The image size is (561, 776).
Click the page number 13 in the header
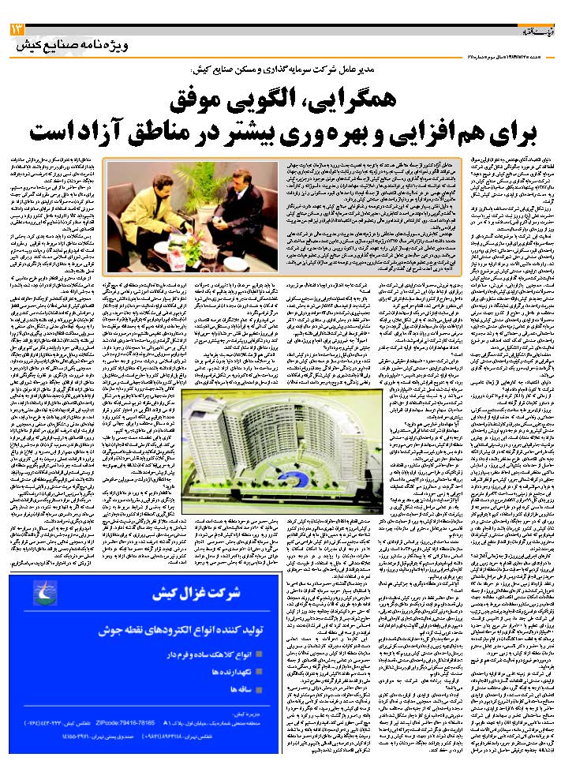(x=17, y=28)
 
